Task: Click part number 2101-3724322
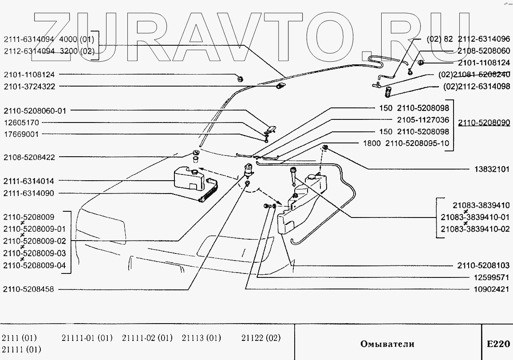[x=29, y=87]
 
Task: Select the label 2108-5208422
[x=29, y=157]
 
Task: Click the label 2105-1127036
[x=423, y=120]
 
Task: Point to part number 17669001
[x=21, y=134]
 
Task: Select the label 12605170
[x=21, y=122]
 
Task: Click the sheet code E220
[x=498, y=344]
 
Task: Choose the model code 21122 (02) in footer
[x=261, y=338]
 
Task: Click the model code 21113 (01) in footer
[x=201, y=338]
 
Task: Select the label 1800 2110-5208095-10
[x=406, y=144]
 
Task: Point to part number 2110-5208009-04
[x=34, y=265]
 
